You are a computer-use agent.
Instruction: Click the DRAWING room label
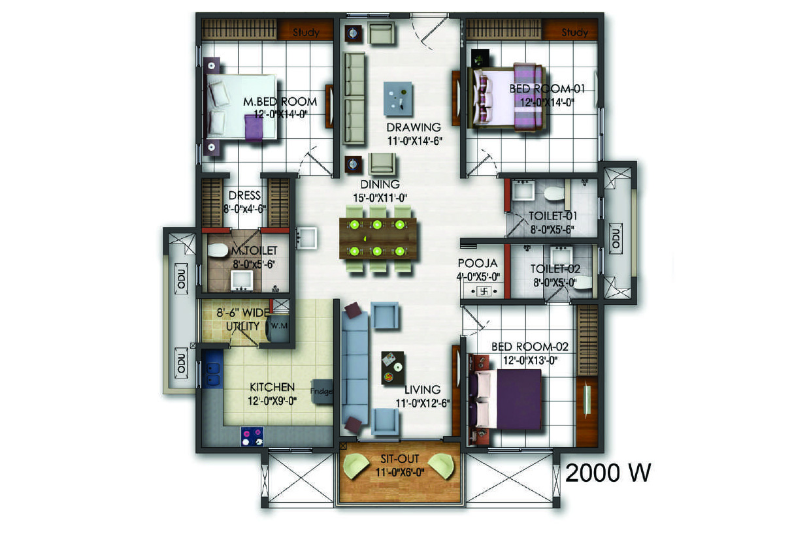click(x=414, y=127)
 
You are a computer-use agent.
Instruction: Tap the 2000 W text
click(x=608, y=473)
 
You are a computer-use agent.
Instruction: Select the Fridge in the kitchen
click(x=322, y=391)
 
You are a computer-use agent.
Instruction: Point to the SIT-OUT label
click(x=400, y=459)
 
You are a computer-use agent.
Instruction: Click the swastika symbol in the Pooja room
click(x=484, y=291)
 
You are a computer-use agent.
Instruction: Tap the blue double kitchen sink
click(x=213, y=375)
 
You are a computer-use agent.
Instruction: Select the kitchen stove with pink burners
click(x=252, y=437)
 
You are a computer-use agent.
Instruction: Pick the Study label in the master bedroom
click(x=306, y=33)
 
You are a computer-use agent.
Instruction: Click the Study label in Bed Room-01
click(x=575, y=33)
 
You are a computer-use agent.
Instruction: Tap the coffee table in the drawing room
click(x=398, y=99)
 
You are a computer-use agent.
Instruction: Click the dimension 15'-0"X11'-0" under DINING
click(x=380, y=198)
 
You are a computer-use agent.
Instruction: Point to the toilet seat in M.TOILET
click(x=218, y=251)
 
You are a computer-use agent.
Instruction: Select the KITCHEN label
click(x=272, y=387)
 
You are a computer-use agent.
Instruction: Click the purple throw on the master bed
click(x=254, y=127)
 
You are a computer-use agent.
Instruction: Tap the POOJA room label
click(x=478, y=263)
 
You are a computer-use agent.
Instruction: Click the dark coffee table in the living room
click(x=393, y=368)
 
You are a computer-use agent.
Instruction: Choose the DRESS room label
click(x=244, y=195)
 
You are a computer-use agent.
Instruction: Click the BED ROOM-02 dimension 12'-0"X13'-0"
click(x=530, y=360)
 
